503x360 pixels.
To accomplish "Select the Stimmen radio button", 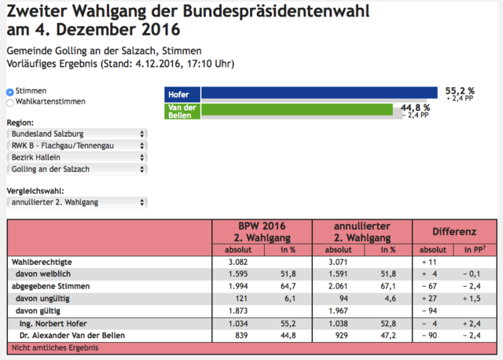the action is pos(10,92).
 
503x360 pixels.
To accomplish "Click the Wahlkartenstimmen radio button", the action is pos(10,103).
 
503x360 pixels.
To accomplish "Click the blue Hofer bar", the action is pos(319,93).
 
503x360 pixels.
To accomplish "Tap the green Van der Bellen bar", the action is pos(297,109).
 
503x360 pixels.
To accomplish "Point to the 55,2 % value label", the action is pos(460,91).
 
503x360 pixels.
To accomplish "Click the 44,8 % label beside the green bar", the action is pos(415,108).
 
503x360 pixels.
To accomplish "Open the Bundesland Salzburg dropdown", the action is pos(77,134).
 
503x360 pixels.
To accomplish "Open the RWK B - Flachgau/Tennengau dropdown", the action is pos(77,145).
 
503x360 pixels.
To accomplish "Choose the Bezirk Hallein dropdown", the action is pos(77,157).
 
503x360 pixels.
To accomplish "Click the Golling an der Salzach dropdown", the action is pos(77,169).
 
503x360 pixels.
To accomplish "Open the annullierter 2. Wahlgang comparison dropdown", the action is pos(77,203).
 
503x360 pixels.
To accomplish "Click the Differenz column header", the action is pos(454,232).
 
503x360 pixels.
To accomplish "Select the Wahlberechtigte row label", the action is pos(42,262).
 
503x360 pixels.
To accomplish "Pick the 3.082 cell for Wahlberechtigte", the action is pos(238,262).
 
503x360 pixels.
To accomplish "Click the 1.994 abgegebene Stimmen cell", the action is pos(238,286).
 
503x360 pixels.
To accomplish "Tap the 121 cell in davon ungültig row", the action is pos(241,299).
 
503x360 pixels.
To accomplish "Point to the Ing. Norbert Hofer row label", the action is pos(53,323).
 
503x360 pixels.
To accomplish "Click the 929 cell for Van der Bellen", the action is pos(341,336).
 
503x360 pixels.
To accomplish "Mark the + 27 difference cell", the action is pos(429,299).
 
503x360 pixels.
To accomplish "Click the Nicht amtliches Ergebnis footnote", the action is pos(55,347).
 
